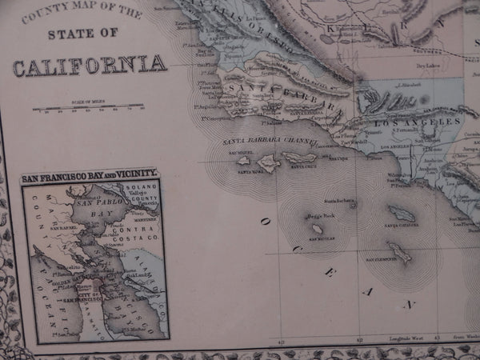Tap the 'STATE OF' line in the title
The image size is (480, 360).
click(x=84, y=34)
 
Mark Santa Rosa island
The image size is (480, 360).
click(x=267, y=162)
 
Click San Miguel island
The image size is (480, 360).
click(x=243, y=160)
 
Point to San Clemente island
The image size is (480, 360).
click(x=398, y=254)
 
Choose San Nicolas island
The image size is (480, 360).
click(x=316, y=229)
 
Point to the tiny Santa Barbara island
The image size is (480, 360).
click(x=353, y=204)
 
